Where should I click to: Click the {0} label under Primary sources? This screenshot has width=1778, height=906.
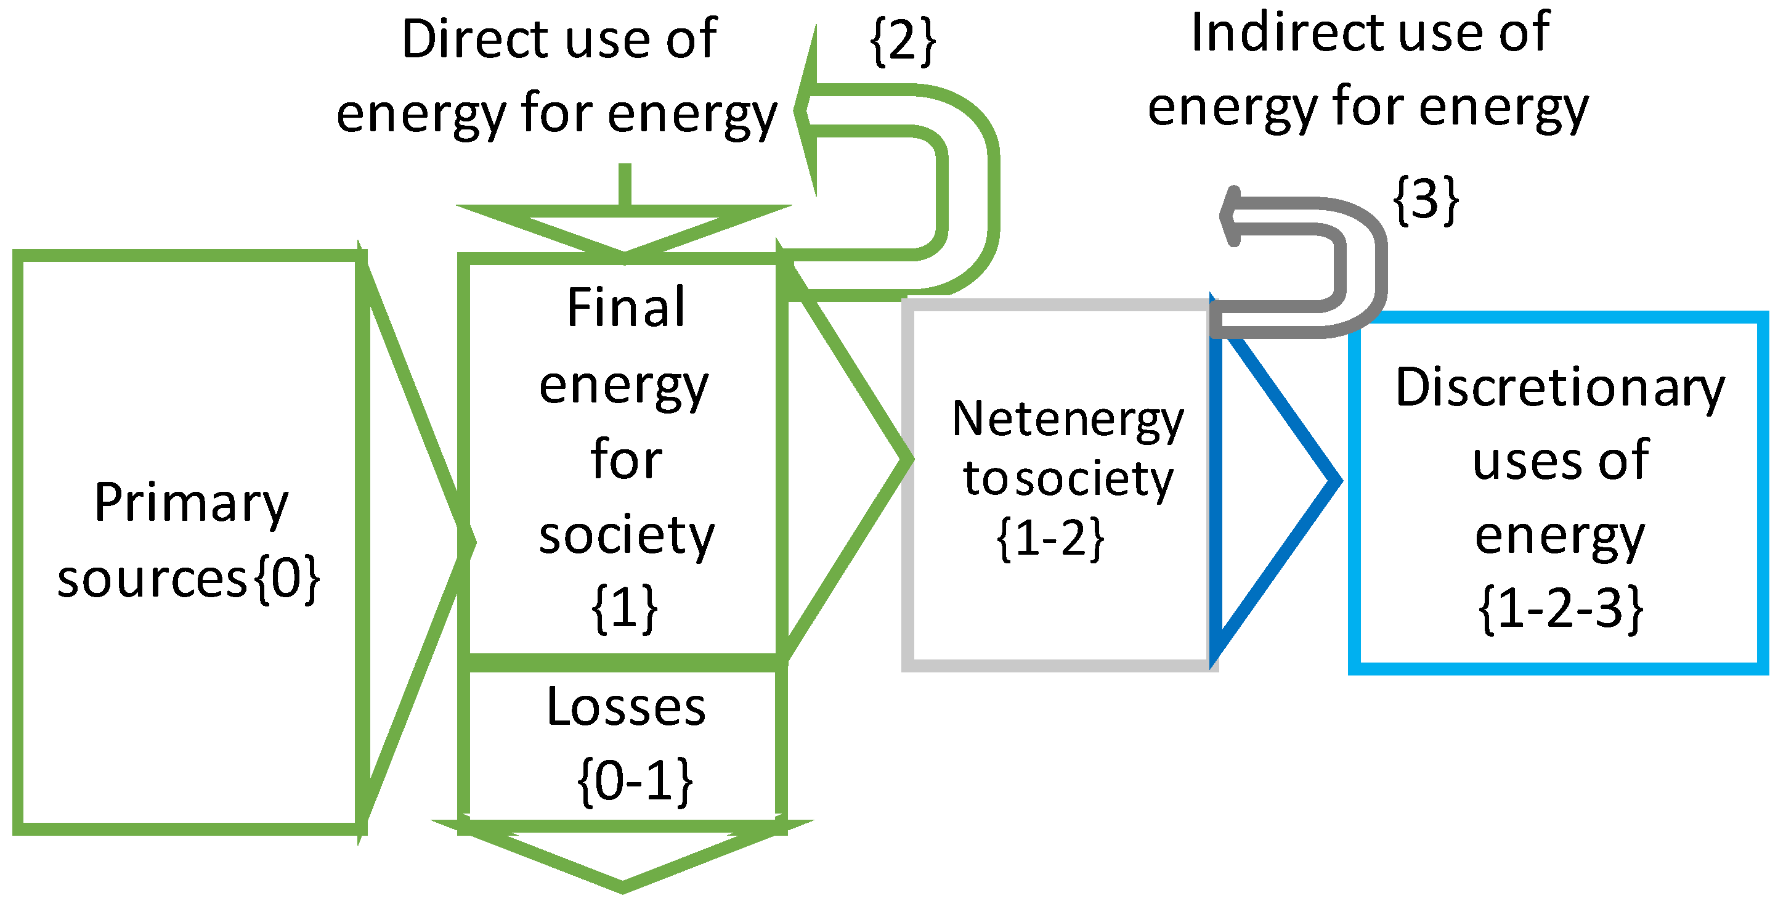click(287, 579)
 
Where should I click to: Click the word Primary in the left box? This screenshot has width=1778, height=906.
click(191, 503)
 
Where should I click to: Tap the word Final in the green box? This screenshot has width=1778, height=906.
click(625, 308)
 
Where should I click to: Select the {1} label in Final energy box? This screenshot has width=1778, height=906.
click(625, 608)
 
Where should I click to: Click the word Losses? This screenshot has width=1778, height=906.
click(625, 708)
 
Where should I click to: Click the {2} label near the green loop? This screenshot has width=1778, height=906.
click(903, 41)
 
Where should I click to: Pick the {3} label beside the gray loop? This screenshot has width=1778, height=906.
click(1426, 200)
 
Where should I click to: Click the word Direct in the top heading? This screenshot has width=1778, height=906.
click(474, 39)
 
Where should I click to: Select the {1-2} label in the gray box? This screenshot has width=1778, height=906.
click(1050, 538)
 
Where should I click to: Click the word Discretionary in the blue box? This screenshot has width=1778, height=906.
click(1560, 388)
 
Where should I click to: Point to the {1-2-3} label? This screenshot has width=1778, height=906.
click(1560, 608)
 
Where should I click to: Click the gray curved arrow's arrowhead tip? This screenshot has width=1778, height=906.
click(1226, 216)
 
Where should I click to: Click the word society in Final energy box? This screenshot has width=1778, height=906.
click(625, 536)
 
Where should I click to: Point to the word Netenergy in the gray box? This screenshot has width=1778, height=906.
click(1067, 419)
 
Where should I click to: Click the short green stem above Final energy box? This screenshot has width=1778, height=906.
click(625, 184)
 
